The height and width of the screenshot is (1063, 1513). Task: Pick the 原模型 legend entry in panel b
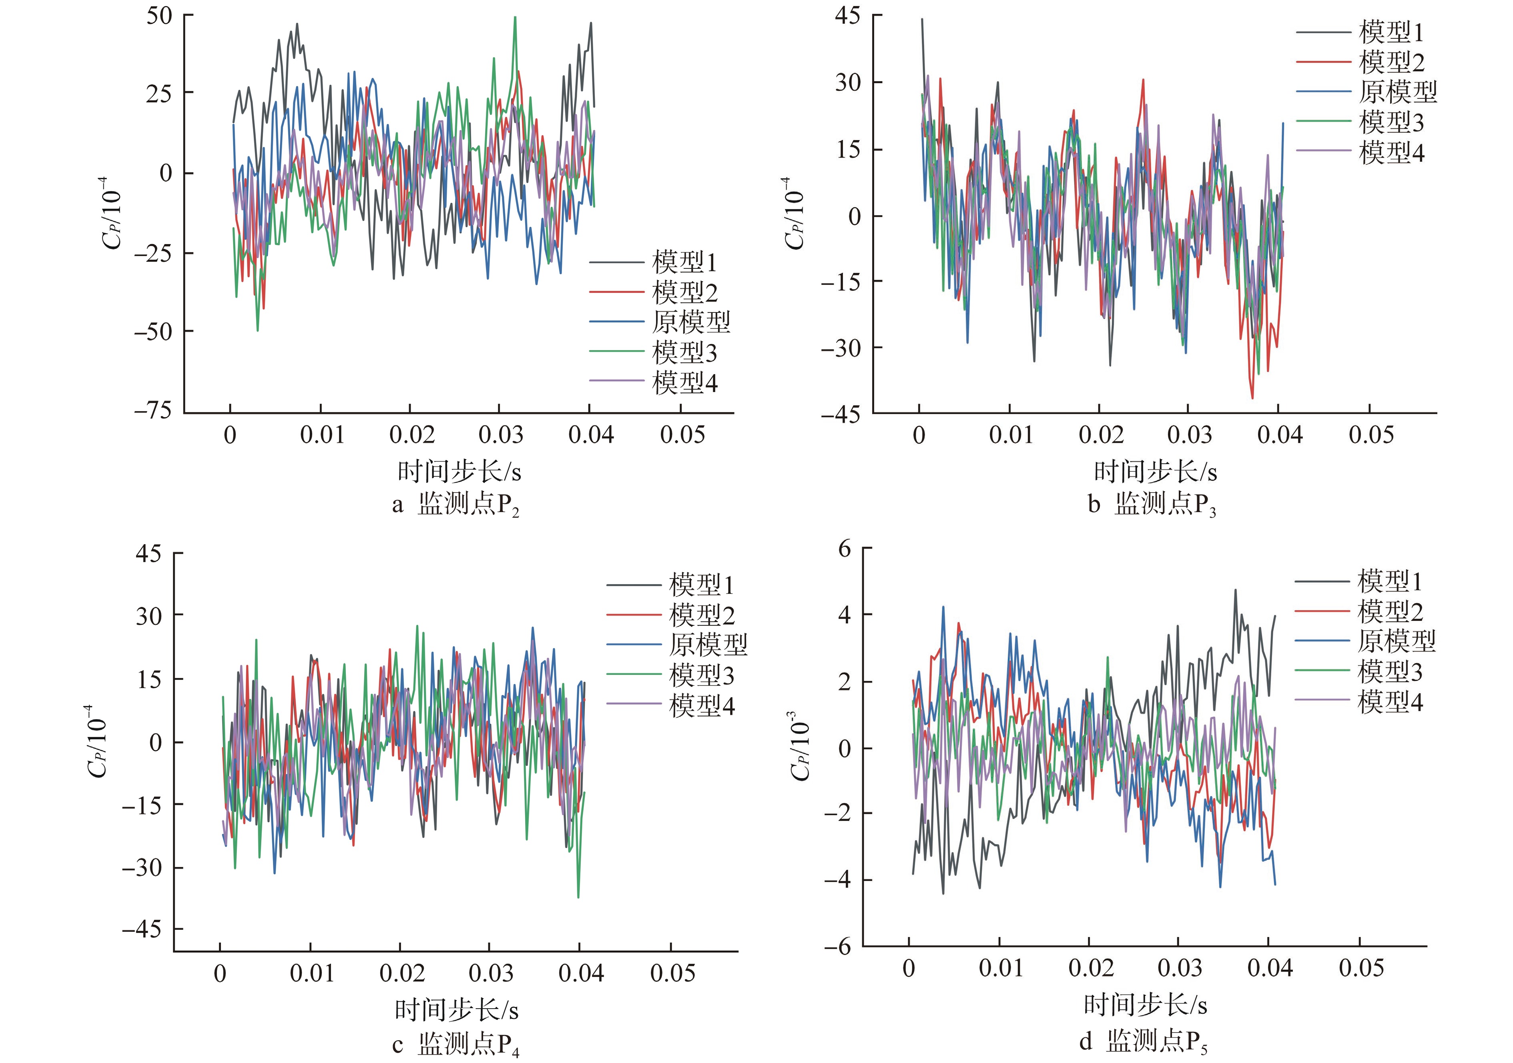click(1397, 92)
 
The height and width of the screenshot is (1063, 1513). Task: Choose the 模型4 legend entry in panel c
click(702, 705)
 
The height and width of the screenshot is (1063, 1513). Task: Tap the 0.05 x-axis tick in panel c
click(672, 973)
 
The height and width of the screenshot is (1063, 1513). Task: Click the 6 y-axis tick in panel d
click(845, 549)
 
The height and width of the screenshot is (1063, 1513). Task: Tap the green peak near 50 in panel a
click(515, 18)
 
